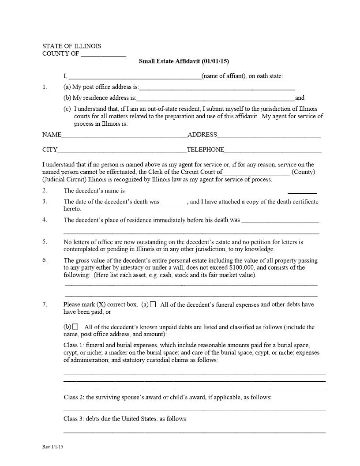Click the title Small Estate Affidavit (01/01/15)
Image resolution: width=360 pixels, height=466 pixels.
point(184,61)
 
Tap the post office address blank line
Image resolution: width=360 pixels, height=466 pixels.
point(217,88)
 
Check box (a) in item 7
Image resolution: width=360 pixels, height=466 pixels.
point(153,304)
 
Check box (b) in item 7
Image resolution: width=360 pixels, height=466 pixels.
point(75,327)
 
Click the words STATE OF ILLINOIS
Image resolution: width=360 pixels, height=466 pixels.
point(72,46)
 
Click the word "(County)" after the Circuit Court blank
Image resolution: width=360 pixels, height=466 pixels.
point(303,172)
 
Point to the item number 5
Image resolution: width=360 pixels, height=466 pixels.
point(45,242)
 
